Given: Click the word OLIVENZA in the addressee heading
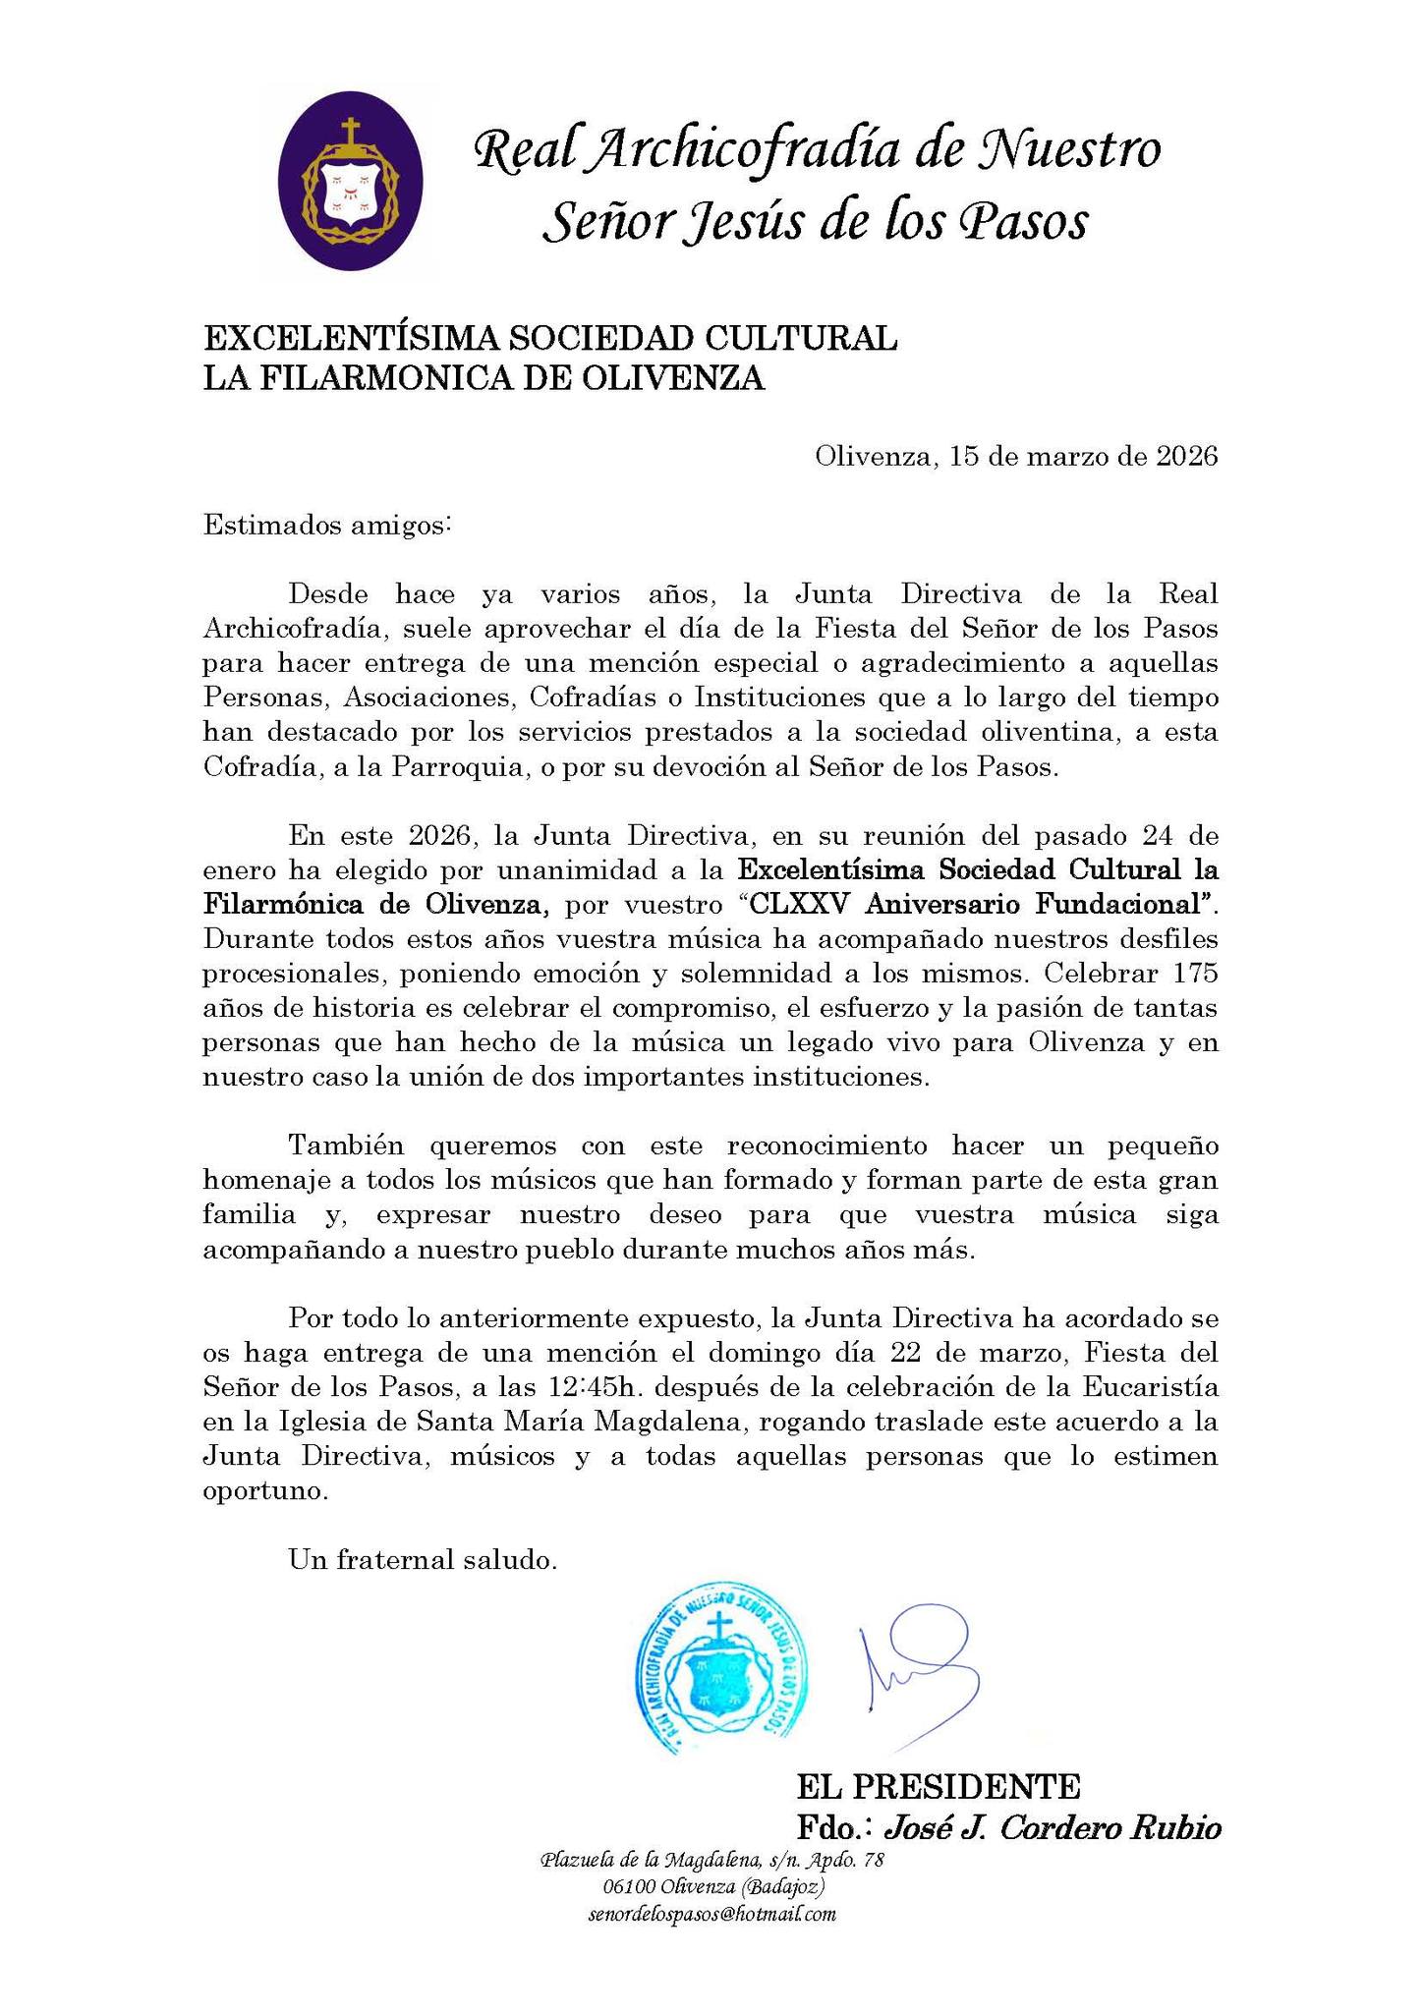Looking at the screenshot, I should [x=680, y=378].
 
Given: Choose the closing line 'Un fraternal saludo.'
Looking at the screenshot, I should [x=424, y=1559].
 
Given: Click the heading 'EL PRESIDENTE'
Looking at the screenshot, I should [x=939, y=1785].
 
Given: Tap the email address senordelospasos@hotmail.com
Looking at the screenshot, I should [x=712, y=1914].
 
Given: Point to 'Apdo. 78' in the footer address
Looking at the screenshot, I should [x=846, y=1860].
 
